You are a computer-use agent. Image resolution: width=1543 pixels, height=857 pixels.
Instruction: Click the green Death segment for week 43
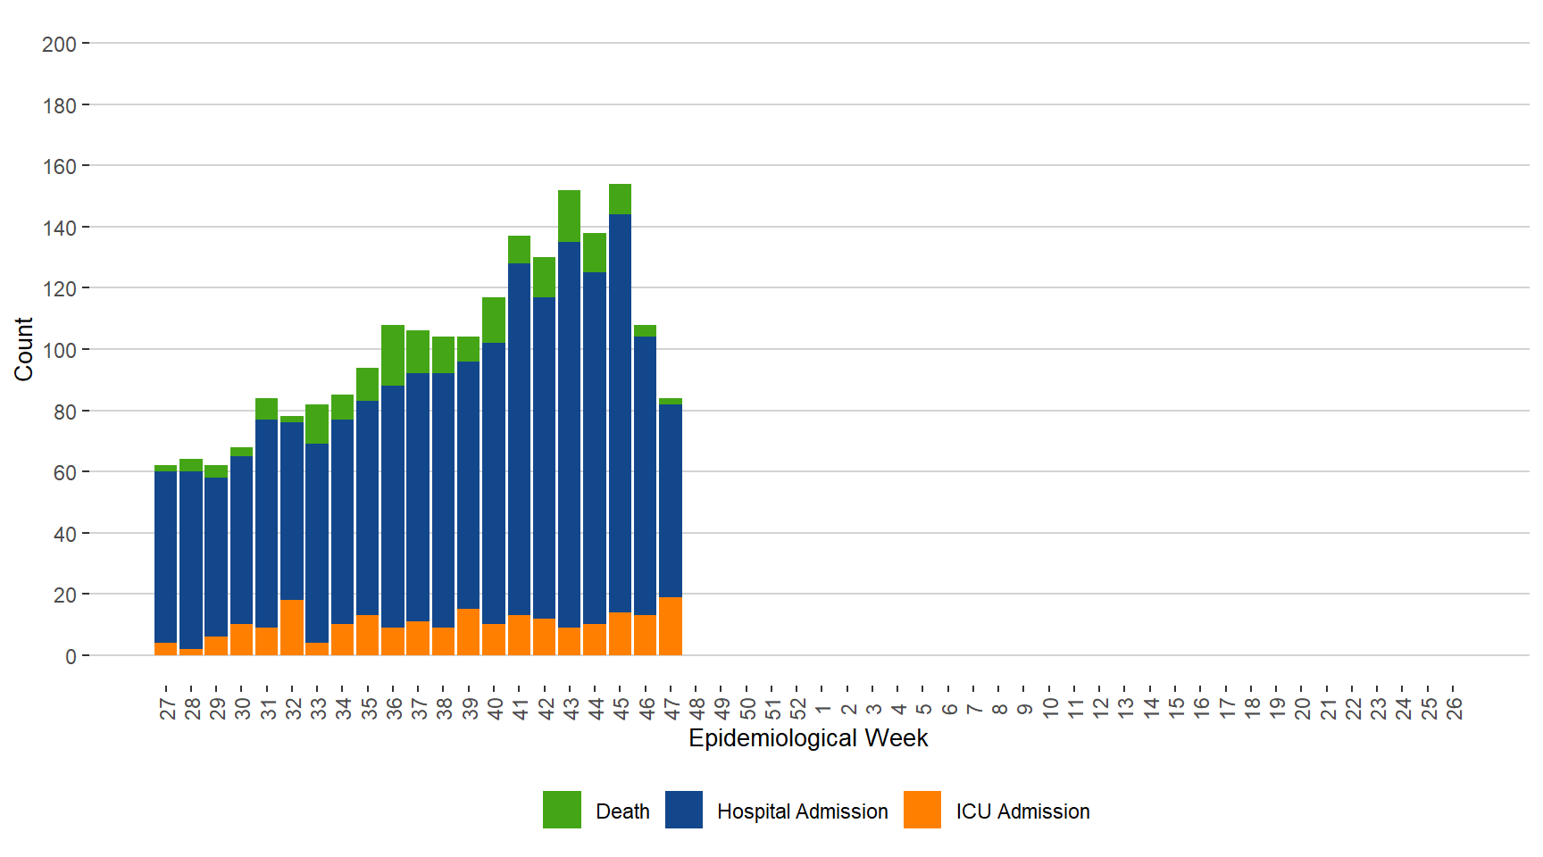click(x=569, y=216)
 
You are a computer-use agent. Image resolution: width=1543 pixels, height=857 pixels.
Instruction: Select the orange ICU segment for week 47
click(x=670, y=626)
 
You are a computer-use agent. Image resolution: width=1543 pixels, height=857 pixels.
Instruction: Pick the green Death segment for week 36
click(x=393, y=355)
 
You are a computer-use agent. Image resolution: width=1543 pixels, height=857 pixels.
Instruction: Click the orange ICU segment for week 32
click(x=292, y=627)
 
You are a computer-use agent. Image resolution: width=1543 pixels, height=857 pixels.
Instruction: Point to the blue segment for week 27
click(x=165, y=556)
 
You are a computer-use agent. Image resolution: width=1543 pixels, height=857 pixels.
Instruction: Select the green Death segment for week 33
click(x=317, y=424)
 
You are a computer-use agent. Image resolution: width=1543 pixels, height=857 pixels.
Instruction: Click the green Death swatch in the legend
click(x=562, y=810)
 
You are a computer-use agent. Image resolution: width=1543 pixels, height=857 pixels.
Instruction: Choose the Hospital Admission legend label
click(x=802, y=811)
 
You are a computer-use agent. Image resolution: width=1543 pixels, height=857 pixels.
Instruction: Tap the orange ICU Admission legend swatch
click(x=922, y=810)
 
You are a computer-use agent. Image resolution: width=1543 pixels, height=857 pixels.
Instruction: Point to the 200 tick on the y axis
click(x=59, y=44)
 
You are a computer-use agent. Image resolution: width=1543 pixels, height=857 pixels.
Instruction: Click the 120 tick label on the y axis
click(x=59, y=289)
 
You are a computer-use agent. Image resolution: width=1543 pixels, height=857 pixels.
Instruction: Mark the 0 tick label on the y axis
click(x=71, y=657)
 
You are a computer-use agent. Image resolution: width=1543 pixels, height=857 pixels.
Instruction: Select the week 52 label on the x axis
click(x=797, y=708)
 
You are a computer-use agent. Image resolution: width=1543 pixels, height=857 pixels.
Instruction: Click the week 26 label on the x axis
click(x=1454, y=708)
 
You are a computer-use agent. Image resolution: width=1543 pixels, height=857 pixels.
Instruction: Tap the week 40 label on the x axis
click(x=494, y=708)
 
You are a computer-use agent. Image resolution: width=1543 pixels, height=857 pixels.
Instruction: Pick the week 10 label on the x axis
click(x=1050, y=708)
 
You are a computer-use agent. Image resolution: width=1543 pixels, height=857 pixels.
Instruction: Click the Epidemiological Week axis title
click(x=808, y=738)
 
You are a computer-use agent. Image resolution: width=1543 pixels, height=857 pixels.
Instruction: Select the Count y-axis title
click(x=23, y=349)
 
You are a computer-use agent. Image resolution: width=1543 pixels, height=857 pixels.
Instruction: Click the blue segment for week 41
click(x=519, y=439)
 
